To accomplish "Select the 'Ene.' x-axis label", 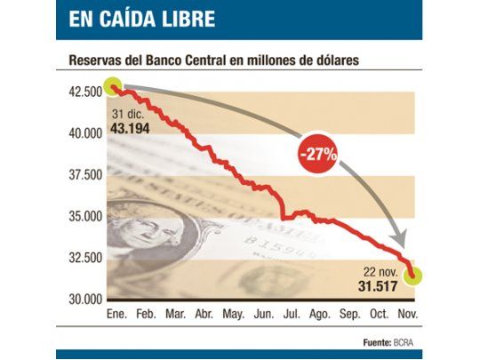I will pyautogui.click(x=116, y=314).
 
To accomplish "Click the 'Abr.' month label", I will pyautogui.click(x=204, y=314).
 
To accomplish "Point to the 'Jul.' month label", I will pyautogui.click(x=292, y=314).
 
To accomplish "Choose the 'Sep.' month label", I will pyautogui.click(x=350, y=314).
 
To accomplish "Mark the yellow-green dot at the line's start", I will pyautogui.click(x=113, y=87).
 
